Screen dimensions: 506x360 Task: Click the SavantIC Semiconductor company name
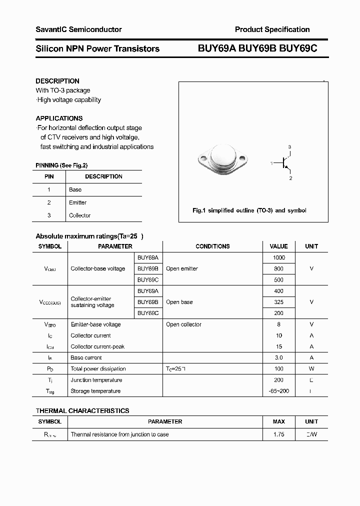pos(78,29)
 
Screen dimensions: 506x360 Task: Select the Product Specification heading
pos(272,29)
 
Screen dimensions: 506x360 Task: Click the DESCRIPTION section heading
pos(57,81)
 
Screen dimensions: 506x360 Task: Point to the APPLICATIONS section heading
pos(59,118)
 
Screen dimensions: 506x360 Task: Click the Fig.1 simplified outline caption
pos(249,210)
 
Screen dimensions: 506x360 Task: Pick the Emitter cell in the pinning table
pos(77,202)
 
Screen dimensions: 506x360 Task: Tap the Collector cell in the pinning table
pos(79,215)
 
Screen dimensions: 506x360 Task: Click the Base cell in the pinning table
pos(75,189)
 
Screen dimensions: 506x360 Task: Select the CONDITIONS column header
pos(212,246)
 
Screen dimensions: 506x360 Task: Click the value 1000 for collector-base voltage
pos(278,257)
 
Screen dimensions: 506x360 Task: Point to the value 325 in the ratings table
pos(278,302)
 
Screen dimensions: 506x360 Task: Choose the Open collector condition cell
pos(183,324)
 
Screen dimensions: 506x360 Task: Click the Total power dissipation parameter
pos(98,369)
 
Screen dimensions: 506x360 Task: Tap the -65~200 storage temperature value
pos(278,391)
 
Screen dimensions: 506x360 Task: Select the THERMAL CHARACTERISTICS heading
pos(82,410)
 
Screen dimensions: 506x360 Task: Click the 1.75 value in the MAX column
pos(278,434)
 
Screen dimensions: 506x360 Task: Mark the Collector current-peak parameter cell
pos(97,346)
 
